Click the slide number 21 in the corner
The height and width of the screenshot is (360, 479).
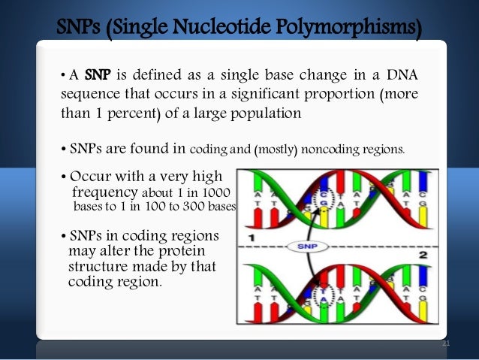446,343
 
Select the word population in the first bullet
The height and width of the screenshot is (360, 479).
267,114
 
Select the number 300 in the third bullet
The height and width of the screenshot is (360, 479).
195,207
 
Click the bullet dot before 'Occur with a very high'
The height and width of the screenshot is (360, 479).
63,178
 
